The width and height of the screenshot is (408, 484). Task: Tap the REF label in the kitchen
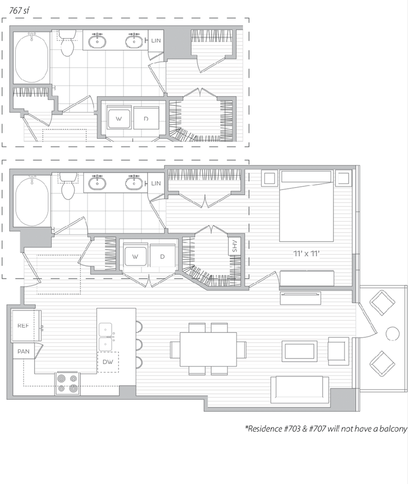click(23, 326)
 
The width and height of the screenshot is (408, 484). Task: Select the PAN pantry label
click(23, 351)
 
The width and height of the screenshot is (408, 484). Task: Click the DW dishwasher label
click(108, 362)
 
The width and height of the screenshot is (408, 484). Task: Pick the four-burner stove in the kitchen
click(67, 383)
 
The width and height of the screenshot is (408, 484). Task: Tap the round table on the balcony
click(392, 333)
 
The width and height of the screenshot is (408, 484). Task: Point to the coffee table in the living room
click(300, 351)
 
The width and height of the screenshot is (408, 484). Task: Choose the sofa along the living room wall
click(300, 389)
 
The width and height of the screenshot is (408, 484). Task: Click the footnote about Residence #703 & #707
click(326, 429)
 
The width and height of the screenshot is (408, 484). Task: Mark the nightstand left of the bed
click(270, 178)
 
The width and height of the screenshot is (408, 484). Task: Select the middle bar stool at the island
click(139, 344)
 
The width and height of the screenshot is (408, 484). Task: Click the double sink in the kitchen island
click(105, 337)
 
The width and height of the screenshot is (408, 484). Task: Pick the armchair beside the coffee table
click(338, 351)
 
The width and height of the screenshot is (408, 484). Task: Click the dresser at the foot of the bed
click(306, 278)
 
